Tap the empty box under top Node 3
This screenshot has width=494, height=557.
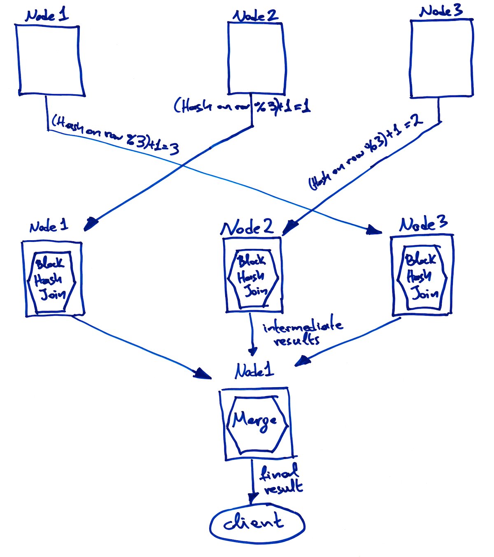[442, 59]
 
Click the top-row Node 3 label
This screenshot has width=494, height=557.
[441, 12]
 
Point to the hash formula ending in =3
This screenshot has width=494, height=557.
[115, 135]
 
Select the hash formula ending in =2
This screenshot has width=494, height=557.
[364, 154]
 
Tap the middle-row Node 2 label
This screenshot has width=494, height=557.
[247, 228]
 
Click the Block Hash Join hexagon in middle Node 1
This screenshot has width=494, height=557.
[51, 282]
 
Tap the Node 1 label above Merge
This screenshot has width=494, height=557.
[254, 371]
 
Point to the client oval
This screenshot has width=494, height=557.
[257, 524]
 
